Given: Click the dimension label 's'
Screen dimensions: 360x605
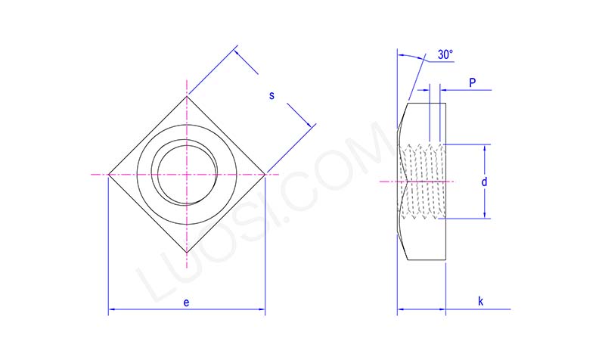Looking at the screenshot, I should pyautogui.click(x=271, y=95).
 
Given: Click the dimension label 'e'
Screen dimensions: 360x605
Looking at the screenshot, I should pyautogui.click(x=187, y=302).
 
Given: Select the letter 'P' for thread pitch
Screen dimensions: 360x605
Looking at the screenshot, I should pyautogui.click(x=472, y=82).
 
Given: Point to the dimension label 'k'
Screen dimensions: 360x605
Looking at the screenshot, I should pyautogui.click(x=480, y=301).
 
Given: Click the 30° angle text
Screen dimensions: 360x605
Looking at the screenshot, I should pyautogui.click(x=445, y=55).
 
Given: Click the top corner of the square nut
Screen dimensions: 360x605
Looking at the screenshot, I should pyautogui.click(x=187, y=95).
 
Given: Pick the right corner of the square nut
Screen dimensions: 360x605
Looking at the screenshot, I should pyautogui.click(x=265, y=175).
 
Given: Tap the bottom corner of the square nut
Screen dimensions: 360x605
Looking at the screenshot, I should pyautogui.click(x=187, y=254).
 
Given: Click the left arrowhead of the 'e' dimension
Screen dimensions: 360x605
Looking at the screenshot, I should pyautogui.click(x=111, y=310).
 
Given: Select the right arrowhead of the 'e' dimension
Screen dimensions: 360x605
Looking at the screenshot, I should pyautogui.click(x=262, y=310).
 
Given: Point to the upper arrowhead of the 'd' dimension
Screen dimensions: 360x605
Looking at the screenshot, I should pyautogui.click(x=484, y=147).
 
